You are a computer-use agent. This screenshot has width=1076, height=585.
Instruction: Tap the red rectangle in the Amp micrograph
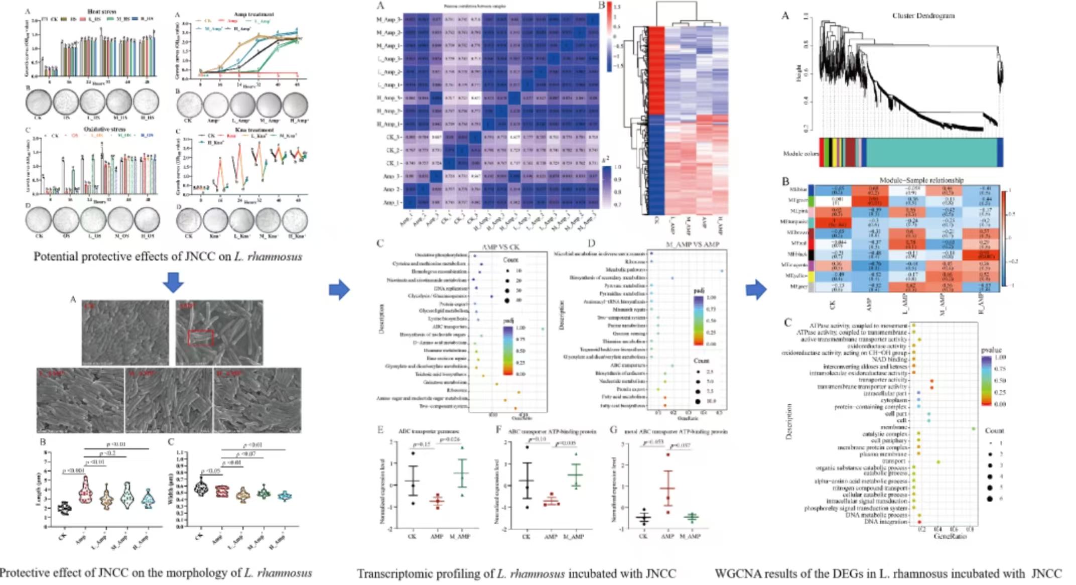point(201,338)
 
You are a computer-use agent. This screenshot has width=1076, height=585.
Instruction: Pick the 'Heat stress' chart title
point(101,11)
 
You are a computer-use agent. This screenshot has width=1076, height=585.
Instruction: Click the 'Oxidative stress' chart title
point(104,129)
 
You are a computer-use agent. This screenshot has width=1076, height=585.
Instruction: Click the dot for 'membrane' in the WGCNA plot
point(973,428)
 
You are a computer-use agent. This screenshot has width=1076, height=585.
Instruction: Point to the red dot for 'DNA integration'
point(919,522)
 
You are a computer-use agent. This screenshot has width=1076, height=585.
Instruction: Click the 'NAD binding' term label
point(889,360)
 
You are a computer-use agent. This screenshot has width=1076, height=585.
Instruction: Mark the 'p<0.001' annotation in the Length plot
point(74,471)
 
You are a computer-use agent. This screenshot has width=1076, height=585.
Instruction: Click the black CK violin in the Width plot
point(201,488)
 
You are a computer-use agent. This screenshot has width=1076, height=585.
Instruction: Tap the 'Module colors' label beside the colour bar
point(800,153)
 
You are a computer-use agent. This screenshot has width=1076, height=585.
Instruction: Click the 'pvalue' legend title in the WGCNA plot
point(990,349)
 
